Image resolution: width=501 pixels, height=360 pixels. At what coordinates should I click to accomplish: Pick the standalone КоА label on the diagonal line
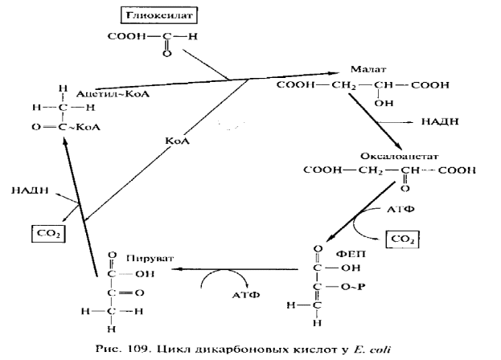pos(177,141)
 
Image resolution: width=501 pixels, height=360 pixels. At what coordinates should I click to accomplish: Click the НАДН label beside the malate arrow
pos(440,121)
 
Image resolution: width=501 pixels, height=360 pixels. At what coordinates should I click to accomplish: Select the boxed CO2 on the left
pos(46,233)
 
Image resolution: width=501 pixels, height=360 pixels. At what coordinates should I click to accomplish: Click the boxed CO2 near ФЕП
pos(403,239)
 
